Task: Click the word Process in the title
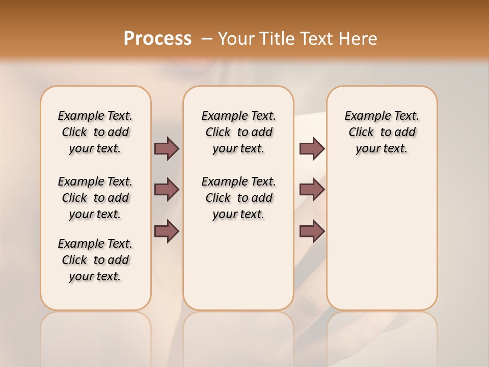[157, 38]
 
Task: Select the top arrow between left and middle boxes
[167, 149]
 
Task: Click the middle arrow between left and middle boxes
[167, 190]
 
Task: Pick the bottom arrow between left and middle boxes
[167, 231]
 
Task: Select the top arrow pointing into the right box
[312, 149]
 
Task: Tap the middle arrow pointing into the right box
[312, 190]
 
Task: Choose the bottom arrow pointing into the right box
[312, 231]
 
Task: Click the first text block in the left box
[95, 132]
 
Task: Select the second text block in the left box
[95, 198]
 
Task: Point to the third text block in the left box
[95, 260]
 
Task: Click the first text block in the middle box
[238, 132]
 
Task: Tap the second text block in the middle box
[238, 198]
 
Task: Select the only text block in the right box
[382, 132]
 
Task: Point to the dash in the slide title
[207, 39]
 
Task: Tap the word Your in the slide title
[236, 39]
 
